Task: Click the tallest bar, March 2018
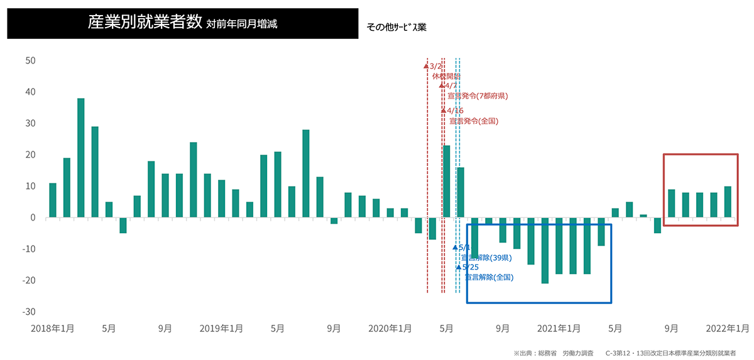pos(81,158)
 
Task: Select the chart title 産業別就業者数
pos(145,23)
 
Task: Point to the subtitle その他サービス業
pos(400,28)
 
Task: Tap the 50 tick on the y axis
pos(30,61)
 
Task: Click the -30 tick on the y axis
pos(28,312)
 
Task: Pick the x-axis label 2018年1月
pos(53,328)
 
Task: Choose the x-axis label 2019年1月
pos(221,328)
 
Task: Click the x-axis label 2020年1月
pos(390,328)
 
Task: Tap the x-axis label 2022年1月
pos(728,328)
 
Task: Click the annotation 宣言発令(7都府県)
pos(478,96)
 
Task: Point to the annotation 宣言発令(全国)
pos(473,121)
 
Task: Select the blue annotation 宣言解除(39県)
pos(486,258)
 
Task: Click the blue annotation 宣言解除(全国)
pos(489,277)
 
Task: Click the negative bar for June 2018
pos(123,225)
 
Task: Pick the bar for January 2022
pos(728,202)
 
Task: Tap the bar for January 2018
pos(53,200)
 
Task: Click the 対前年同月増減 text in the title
pos(241,25)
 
